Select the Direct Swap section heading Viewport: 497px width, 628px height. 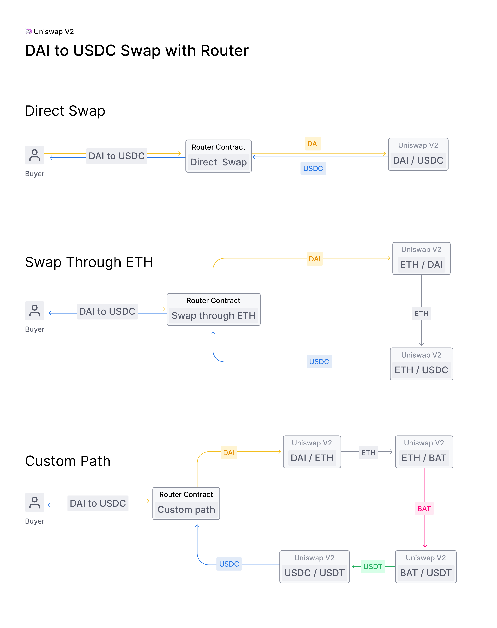point(65,111)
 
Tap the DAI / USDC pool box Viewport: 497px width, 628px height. point(418,155)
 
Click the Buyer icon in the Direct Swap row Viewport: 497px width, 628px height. point(35,155)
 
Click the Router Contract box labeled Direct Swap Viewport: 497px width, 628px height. point(218,156)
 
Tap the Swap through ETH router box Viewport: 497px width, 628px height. point(213,309)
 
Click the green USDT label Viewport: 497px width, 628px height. point(373,567)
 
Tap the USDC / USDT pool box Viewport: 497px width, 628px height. point(314,567)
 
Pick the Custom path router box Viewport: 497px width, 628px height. point(186,503)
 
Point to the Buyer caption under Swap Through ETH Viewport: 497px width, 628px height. point(35,329)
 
